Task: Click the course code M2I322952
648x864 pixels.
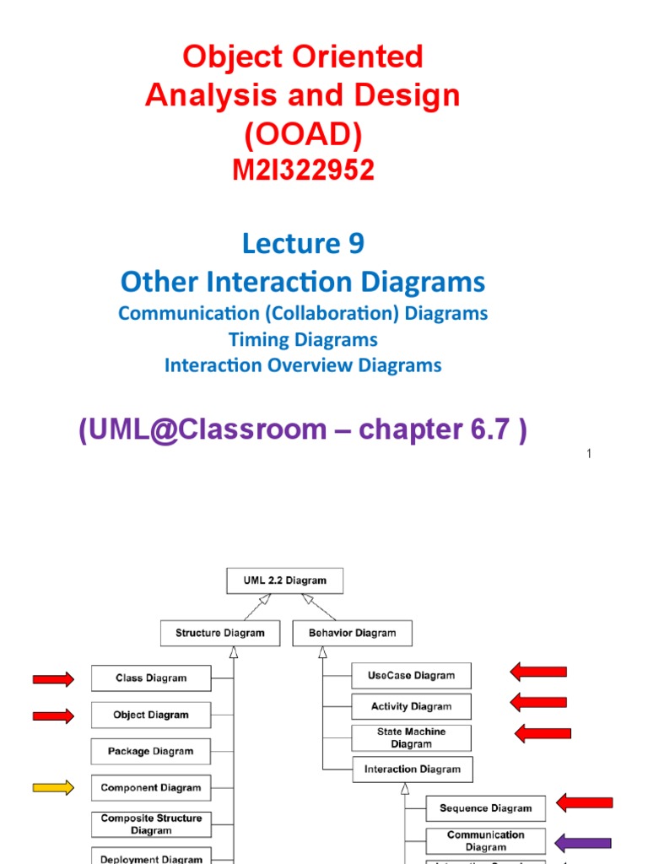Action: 303,170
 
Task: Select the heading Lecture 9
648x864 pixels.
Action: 303,244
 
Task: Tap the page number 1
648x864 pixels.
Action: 589,455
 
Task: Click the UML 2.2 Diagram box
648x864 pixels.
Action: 285,580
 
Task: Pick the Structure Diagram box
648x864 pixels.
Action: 220,633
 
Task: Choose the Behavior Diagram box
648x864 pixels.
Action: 353,633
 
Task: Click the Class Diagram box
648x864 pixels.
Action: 151,678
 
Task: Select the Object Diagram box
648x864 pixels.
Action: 151,715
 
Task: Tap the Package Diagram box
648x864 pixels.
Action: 151,751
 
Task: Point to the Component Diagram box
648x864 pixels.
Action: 151,787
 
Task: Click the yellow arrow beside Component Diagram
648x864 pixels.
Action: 53,787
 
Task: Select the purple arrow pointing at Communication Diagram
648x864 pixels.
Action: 583,842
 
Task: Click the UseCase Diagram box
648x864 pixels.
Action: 411,675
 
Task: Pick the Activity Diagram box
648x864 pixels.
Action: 411,706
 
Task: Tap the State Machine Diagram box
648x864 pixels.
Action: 411,737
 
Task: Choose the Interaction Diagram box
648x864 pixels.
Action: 413,769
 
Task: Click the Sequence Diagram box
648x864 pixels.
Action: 485,807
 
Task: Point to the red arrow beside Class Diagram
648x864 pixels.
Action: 53,678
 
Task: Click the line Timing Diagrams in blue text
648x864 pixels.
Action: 303,339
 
